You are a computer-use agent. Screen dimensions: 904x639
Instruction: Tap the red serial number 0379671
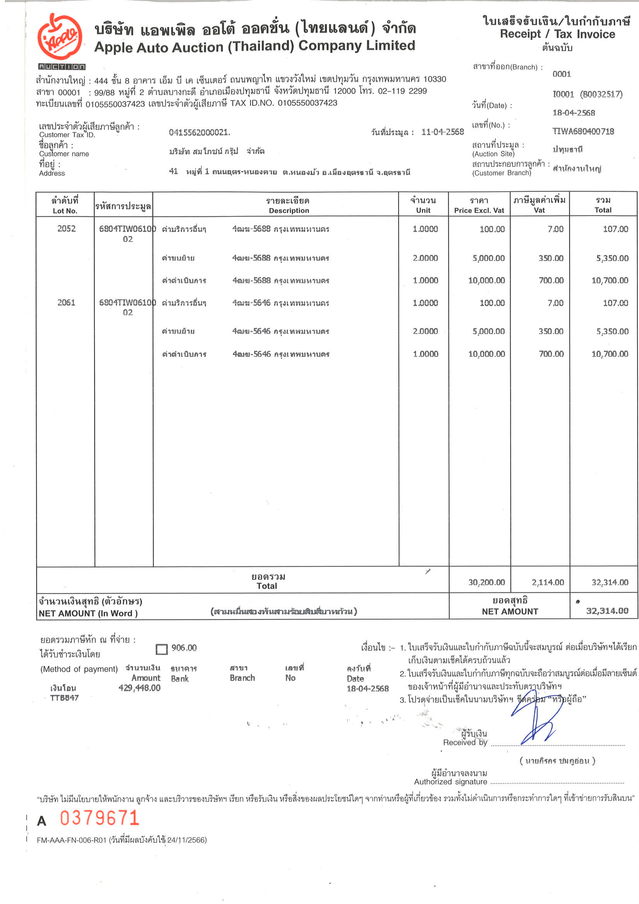99,818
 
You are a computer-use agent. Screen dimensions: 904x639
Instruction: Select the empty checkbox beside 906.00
161,649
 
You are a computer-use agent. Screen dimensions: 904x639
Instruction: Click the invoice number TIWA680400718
583,132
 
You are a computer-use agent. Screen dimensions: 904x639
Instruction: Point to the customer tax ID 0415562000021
199,132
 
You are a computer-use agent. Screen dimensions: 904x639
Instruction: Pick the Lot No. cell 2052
66,229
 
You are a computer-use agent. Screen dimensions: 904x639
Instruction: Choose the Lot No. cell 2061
66,302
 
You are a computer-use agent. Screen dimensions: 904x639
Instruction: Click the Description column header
289,210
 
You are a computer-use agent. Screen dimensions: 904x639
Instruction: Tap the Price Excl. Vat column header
479,210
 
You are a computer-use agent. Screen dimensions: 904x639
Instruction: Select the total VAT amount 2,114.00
548,582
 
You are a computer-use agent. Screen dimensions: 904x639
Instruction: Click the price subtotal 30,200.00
486,582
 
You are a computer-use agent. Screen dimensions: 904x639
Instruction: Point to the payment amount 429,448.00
139,688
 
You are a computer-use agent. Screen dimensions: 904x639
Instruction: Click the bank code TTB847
64,698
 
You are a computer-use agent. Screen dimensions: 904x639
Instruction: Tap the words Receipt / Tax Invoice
557,34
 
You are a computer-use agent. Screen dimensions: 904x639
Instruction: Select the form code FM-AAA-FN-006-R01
72,840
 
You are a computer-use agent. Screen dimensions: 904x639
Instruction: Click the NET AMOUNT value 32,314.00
607,611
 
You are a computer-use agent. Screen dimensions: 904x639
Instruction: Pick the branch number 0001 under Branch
562,74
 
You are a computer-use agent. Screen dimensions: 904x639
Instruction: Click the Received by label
464,742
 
